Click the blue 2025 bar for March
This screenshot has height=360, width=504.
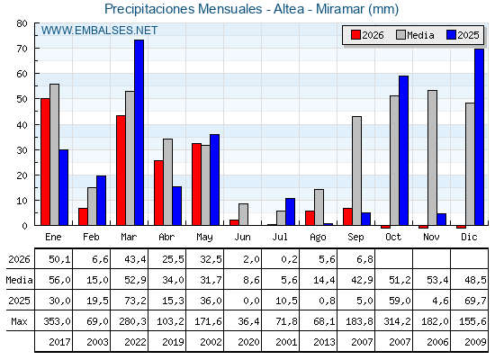coord(139,132)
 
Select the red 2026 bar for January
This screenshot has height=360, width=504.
coord(45,162)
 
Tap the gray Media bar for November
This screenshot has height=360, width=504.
coord(433,157)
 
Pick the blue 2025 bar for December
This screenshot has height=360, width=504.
coord(479,137)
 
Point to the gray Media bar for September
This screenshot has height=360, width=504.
coord(356,171)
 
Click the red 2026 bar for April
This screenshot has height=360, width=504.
coord(158,193)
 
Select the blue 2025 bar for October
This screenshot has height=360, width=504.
coord(404,150)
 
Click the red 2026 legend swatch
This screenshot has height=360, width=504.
coord(355,35)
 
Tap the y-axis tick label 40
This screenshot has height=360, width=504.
coord(22,125)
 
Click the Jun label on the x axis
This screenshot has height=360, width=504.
coord(242,238)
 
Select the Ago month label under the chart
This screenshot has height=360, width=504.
coord(318,238)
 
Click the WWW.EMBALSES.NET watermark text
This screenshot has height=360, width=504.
coord(99,31)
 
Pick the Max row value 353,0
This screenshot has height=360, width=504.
coord(58,321)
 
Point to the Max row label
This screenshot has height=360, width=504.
coord(19,321)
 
